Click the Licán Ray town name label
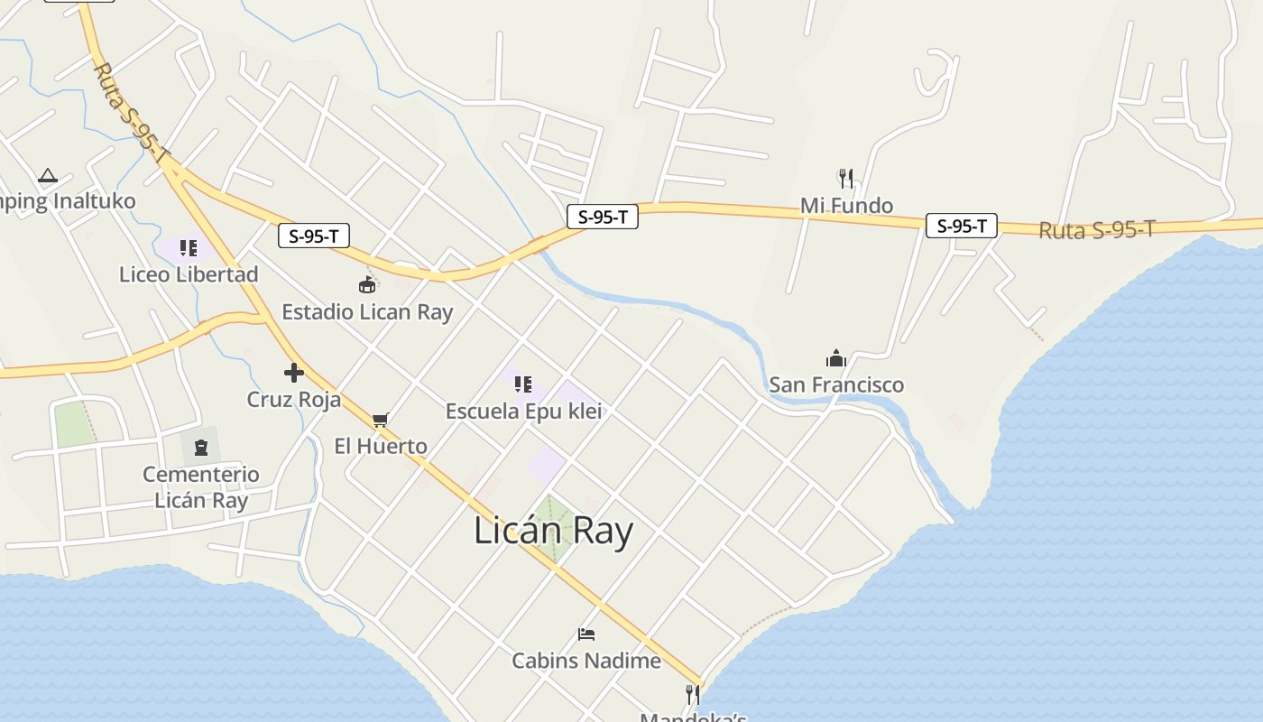tap(553, 532)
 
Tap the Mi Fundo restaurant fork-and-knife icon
tap(845, 179)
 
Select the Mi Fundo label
tap(846, 206)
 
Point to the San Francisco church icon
tap(836, 358)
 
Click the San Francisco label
tap(836, 385)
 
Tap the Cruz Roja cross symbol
tap(293, 372)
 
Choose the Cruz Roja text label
tap(294, 399)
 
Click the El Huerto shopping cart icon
tap(380, 420)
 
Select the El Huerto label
tap(381, 446)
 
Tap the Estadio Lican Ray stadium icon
tap(367, 286)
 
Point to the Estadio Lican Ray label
tap(367, 312)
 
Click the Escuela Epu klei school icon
tap(522, 384)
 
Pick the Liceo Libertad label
tap(189, 274)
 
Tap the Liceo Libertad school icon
tap(188, 247)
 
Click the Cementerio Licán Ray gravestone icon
tap(200, 447)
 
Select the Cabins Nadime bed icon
tap(586, 634)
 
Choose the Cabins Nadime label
tap(586, 661)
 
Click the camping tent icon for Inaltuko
tap(48, 175)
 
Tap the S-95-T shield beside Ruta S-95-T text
tap(962, 226)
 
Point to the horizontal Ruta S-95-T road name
tap(1096, 230)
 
